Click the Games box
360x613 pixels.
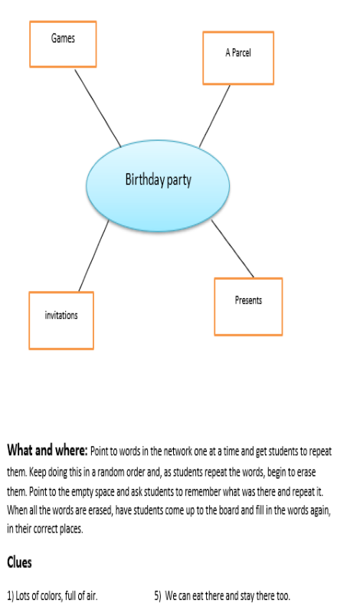(63, 44)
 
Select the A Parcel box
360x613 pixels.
(238, 58)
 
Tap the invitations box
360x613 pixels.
(61, 320)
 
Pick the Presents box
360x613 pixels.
(248, 306)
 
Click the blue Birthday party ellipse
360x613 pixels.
(158, 185)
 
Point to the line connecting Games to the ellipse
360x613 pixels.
(98, 108)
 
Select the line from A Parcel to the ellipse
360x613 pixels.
(214, 116)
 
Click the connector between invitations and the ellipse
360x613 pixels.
(93, 256)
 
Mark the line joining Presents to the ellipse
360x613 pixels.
(233, 248)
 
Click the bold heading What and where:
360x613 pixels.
(47, 451)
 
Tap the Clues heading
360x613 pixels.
(19, 562)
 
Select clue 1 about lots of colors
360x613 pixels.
(52, 596)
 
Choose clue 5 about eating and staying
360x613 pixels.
(222, 596)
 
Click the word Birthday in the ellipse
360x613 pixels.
(145, 179)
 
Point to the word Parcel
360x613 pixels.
(241, 52)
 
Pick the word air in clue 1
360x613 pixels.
(91, 596)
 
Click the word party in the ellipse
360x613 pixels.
(179, 181)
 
